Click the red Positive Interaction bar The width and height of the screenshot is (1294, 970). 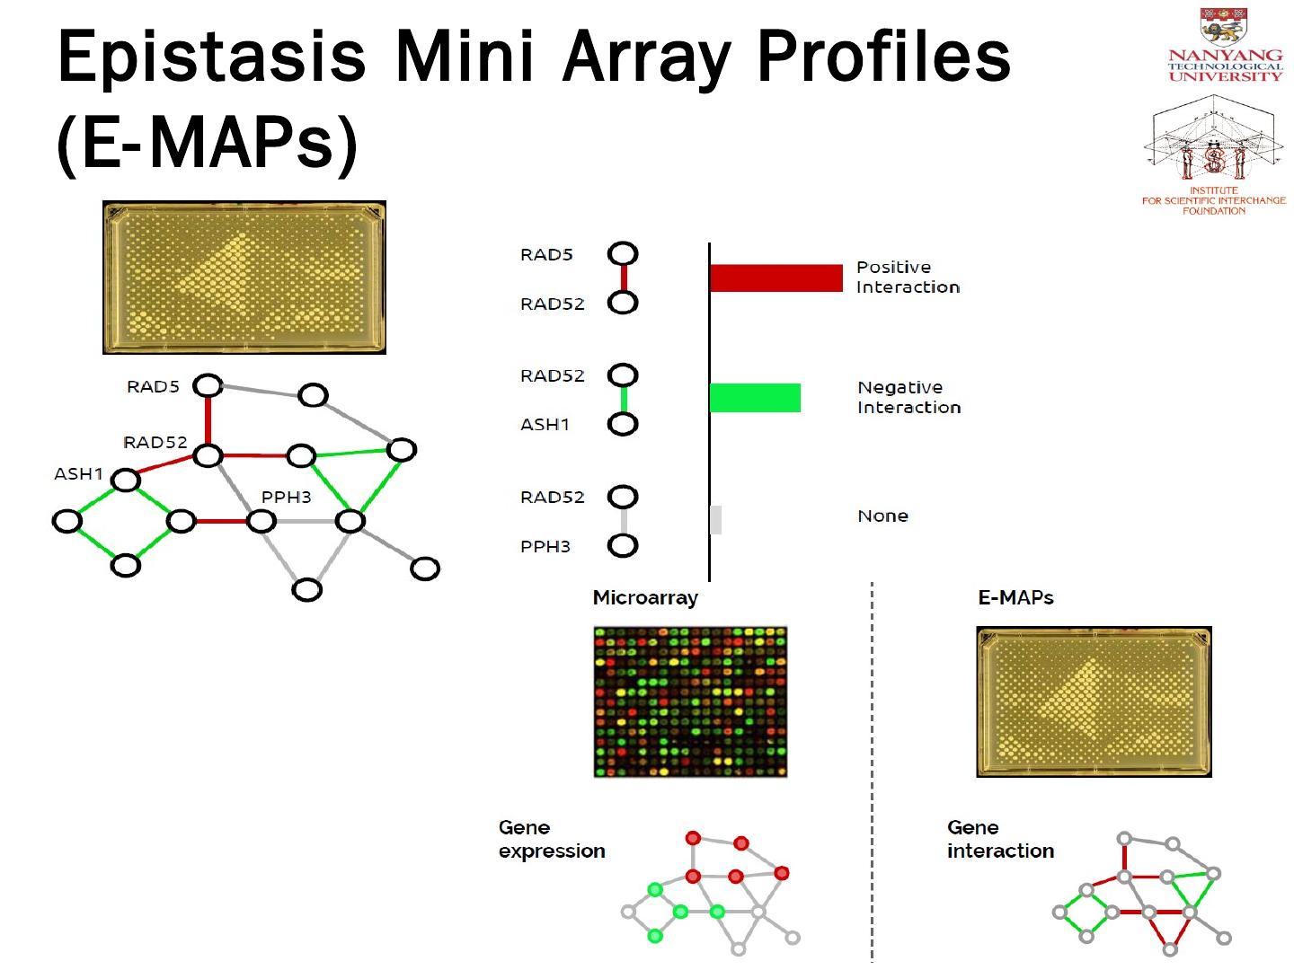point(776,278)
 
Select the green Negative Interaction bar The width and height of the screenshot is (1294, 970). point(755,398)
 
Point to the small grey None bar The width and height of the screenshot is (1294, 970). point(715,519)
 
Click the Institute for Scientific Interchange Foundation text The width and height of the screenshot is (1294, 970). point(1213,200)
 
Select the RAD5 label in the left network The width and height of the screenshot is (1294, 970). point(153,387)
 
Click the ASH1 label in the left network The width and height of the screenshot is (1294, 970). point(78,473)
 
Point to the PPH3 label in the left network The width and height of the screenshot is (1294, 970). point(286,497)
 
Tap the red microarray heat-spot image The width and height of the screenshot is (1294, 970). point(690,701)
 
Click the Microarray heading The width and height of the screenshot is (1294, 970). point(645,597)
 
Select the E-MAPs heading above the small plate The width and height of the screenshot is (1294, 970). point(1015,597)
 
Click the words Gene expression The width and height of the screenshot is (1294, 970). point(551,839)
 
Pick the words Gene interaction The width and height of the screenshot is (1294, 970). point(1000,839)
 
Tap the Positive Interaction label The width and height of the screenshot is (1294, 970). point(908,277)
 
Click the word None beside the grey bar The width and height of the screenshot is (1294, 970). point(882,516)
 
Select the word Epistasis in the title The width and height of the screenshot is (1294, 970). point(212,56)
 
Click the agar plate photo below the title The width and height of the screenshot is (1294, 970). point(244,278)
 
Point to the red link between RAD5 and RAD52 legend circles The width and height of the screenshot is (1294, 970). point(623,278)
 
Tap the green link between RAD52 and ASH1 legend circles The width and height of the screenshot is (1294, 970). point(623,399)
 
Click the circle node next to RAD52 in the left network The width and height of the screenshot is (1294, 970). point(208,455)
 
